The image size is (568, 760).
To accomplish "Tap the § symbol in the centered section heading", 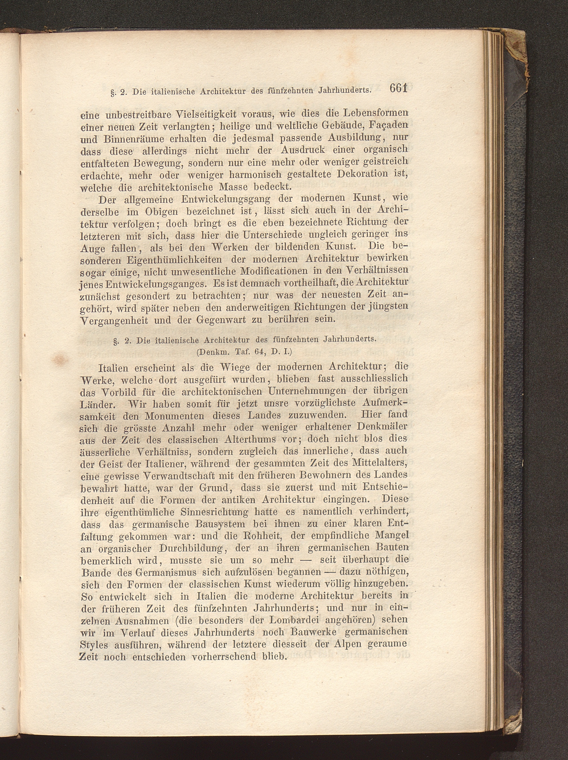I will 116,341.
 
